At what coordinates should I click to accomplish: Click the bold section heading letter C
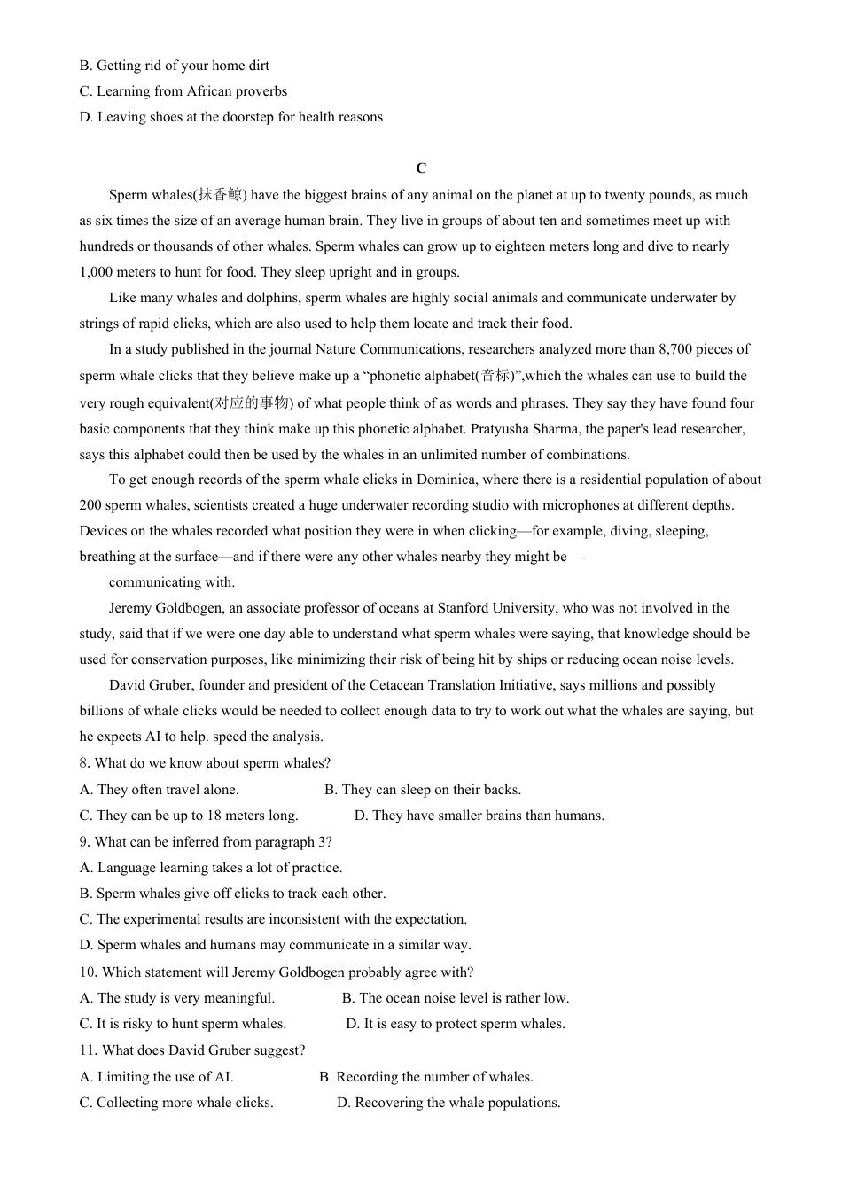[421, 168]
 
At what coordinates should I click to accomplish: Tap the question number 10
[87, 972]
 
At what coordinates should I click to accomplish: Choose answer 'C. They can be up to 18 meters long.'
[189, 816]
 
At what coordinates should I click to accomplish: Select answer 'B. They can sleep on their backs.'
[423, 790]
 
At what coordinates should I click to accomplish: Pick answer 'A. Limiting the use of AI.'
[157, 1077]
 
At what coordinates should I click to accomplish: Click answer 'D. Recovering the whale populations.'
[448, 1103]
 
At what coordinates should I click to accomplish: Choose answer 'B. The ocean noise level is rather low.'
[456, 998]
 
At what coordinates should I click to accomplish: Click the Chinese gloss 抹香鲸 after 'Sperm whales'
[220, 195]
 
